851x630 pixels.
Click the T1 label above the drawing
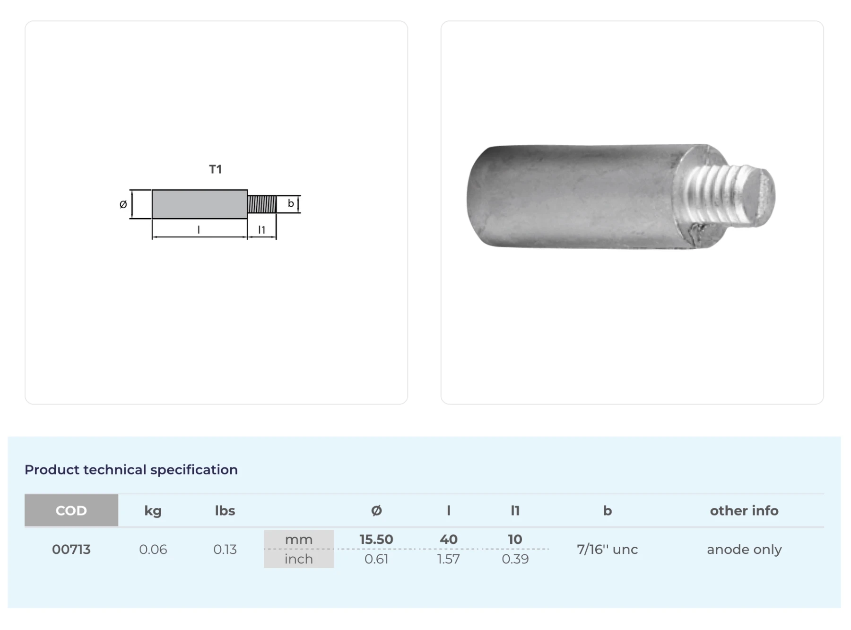point(215,169)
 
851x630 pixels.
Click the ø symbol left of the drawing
point(123,204)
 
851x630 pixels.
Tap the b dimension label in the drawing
point(291,203)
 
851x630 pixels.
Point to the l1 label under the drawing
point(261,230)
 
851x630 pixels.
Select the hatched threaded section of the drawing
point(262,204)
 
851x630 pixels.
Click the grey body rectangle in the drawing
point(200,204)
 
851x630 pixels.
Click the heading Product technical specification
point(131,470)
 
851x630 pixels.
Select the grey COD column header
point(71,510)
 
